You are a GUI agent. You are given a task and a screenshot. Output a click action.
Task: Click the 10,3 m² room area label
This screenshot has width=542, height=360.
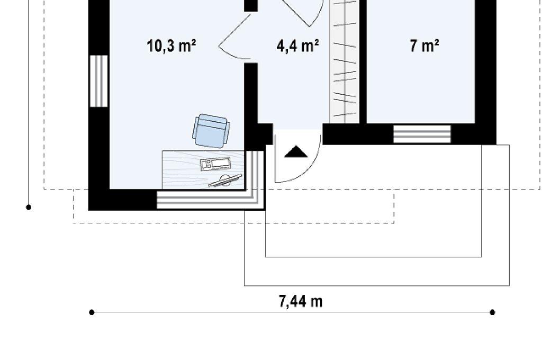pos(171,46)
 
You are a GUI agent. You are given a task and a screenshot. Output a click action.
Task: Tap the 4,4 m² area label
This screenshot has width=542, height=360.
pos(297,46)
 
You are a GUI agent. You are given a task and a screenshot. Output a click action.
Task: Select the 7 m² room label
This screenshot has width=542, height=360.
pos(424,46)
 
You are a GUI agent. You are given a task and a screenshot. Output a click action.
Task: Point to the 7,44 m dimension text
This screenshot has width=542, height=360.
pos(301,301)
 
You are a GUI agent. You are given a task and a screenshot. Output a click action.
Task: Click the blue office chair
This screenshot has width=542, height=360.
pos(211,131)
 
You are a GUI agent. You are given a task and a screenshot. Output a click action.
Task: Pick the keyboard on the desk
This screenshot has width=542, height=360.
pos(216,164)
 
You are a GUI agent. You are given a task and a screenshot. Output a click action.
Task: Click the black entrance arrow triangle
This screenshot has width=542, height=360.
pos(295,151)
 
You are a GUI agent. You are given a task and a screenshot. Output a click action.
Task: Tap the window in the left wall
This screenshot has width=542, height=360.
pos(99,81)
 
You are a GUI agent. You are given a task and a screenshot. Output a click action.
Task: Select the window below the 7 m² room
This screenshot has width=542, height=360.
pos(422,134)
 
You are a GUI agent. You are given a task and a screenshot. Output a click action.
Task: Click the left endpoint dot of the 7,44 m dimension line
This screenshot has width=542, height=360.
pos(92,313)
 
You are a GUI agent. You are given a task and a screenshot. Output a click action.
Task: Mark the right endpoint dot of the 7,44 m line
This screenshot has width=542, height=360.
pos(493,313)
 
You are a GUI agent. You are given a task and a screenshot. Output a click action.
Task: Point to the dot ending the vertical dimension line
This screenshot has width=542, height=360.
pos(29,208)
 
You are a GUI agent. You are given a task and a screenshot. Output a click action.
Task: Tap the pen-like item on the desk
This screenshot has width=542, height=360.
pos(225,181)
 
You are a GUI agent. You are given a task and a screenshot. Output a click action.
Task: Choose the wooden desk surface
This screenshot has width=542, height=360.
pos(203,169)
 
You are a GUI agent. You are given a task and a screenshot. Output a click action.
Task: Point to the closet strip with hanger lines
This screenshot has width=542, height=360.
pos(345,61)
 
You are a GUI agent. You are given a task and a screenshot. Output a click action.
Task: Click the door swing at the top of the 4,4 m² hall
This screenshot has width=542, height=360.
pos(304,13)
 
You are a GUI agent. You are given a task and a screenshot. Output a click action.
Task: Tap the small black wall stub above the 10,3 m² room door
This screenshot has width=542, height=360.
pos(251,5)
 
